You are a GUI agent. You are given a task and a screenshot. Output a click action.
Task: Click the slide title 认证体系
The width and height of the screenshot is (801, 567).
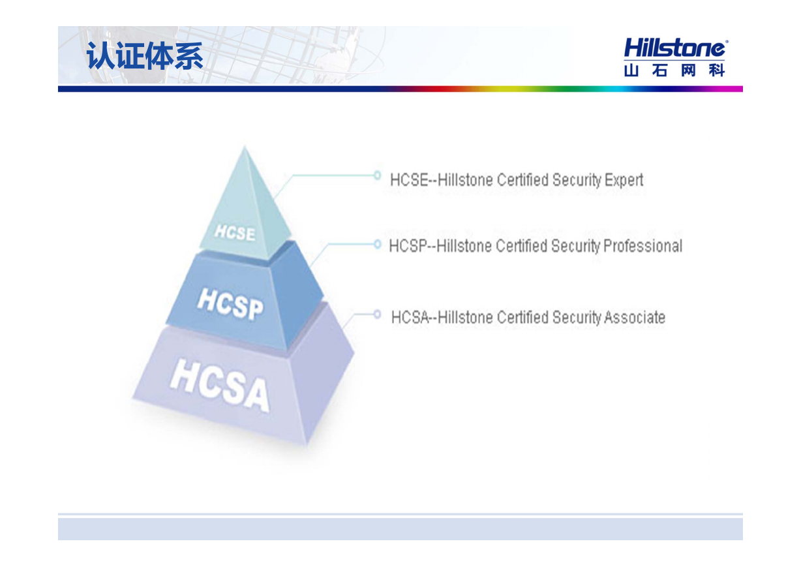144,55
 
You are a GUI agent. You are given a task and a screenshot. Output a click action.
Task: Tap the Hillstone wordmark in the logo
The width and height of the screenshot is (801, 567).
676,48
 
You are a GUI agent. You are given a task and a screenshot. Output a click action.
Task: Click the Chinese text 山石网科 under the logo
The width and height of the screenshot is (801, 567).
674,70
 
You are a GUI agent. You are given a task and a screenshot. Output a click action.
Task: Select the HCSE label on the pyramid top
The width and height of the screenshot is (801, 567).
235,232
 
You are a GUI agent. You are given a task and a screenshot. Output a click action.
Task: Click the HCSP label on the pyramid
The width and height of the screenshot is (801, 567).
230,305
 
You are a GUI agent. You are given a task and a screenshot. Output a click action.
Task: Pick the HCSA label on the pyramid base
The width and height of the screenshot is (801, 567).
219,385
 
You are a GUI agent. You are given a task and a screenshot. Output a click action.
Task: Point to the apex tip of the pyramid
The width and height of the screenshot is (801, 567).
245,146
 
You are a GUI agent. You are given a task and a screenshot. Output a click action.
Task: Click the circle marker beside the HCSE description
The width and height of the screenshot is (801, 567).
377,176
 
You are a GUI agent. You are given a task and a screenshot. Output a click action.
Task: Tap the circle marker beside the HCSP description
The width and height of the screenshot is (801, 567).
377,244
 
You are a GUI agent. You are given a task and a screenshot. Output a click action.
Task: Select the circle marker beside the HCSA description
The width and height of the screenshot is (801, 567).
377,314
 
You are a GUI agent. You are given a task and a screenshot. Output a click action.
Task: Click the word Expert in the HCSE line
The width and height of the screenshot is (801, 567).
624,180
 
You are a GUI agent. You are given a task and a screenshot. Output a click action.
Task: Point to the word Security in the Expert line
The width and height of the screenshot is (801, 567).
577,180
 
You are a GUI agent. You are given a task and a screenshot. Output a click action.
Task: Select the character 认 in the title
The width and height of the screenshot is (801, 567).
100,55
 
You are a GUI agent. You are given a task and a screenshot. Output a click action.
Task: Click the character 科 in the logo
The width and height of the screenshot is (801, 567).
717,70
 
